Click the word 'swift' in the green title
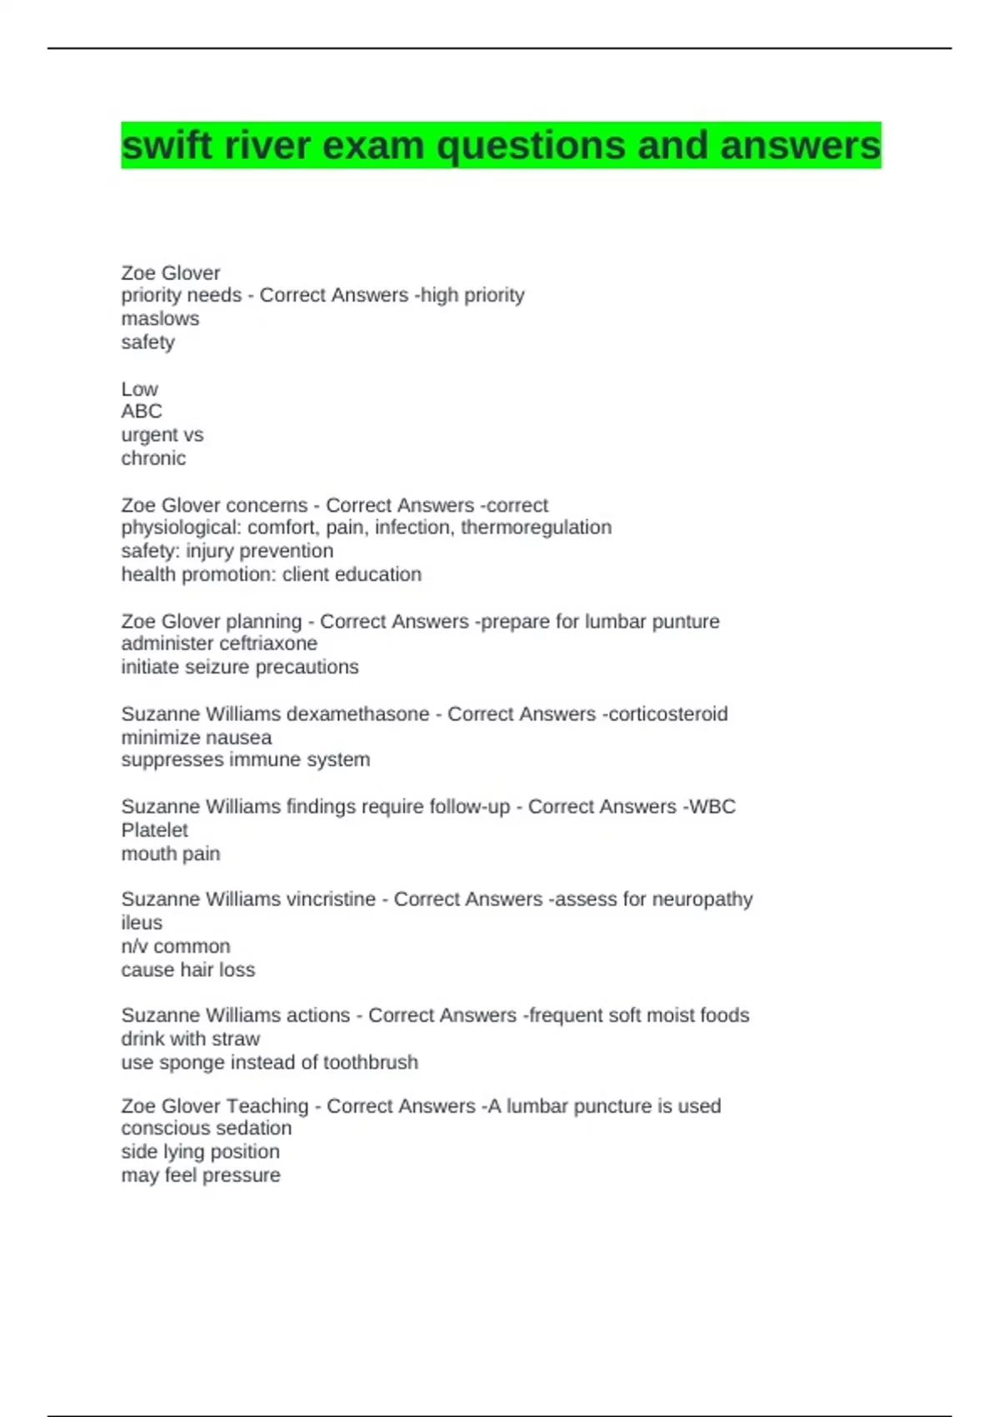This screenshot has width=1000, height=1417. [x=167, y=146]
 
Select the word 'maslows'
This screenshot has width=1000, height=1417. [x=160, y=318]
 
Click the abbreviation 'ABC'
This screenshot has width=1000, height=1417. [x=142, y=411]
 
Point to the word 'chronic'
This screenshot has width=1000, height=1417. [x=153, y=458]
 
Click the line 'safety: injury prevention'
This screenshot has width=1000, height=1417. [x=227, y=550]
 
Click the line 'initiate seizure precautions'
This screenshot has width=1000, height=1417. [x=239, y=667]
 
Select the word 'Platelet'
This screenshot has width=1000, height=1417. [x=154, y=829]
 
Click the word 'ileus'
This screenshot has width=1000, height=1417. [x=142, y=922]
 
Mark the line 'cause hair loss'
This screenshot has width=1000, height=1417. [x=187, y=969]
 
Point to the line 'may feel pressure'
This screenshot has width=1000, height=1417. [x=200, y=1174]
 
